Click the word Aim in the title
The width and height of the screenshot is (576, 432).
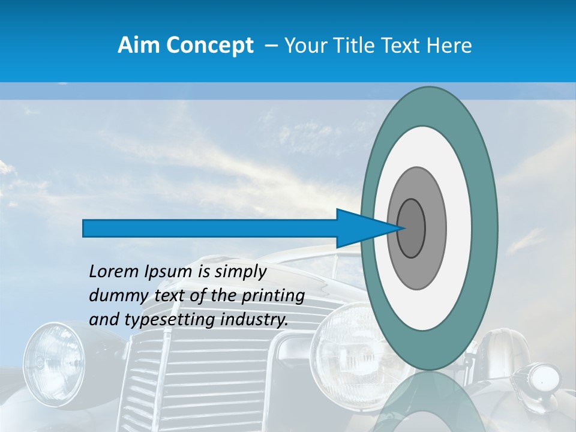tap(137, 46)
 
